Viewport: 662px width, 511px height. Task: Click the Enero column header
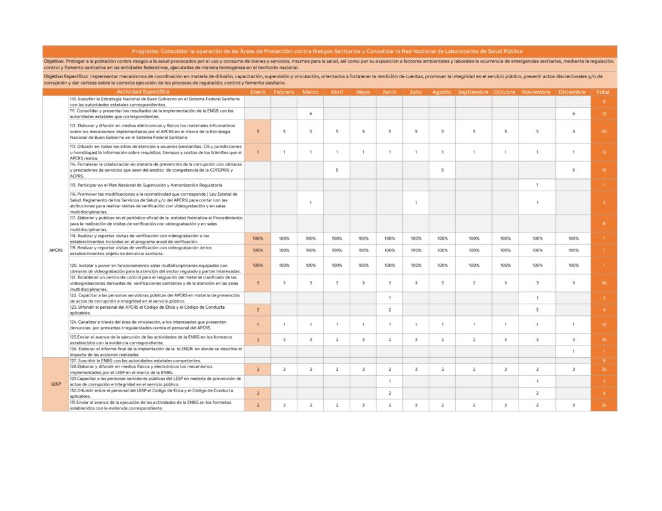[257, 92]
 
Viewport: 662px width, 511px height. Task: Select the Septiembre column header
[473, 92]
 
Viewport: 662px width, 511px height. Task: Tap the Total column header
[603, 92]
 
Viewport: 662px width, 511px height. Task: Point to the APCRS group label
[56, 250]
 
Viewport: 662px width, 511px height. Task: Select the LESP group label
[56, 384]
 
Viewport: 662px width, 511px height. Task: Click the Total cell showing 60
[603, 131]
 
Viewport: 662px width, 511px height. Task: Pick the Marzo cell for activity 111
[310, 114]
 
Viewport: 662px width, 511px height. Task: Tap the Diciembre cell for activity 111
[573, 114]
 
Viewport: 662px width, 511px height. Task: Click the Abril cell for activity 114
[337, 170]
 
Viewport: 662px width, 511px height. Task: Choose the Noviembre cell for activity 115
[537, 185]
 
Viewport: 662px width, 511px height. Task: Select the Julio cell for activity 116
[416, 202]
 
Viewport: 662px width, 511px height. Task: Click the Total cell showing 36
[603, 283]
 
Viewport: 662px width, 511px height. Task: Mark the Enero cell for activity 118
[257, 238]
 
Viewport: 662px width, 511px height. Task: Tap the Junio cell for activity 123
[389, 310]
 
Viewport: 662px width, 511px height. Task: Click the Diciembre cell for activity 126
[573, 351]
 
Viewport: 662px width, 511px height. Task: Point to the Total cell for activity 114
[603, 170]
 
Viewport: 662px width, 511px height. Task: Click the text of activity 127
[136, 360]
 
